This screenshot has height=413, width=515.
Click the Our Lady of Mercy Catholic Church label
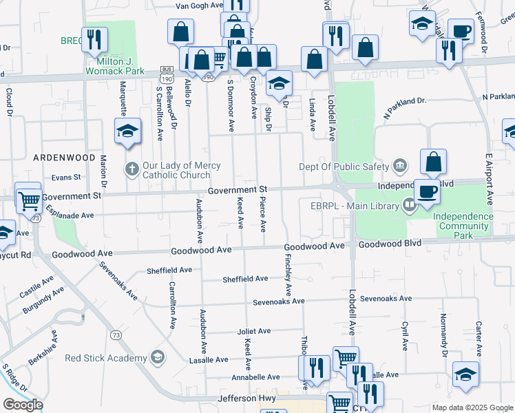(181, 170)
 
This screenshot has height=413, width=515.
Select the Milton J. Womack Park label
(115, 65)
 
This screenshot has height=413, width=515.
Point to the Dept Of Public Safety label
(345, 165)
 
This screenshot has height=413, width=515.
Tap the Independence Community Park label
(463, 226)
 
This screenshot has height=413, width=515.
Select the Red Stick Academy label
(106, 358)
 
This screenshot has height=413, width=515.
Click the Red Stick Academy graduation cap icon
(158, 357)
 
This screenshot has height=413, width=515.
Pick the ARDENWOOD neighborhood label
(64, 157)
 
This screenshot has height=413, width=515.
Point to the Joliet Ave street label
(254, 331)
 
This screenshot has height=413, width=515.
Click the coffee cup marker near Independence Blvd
(427, 191)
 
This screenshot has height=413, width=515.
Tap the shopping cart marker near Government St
(28, 200)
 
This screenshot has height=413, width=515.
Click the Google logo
(23, 405)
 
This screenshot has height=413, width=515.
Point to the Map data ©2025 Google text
(473, 407)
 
